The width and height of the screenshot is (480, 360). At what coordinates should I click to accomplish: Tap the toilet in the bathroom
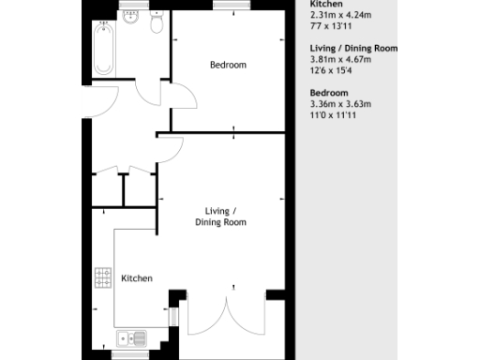[x=157, y=23]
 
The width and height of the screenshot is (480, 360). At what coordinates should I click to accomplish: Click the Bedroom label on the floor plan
[x=228, y=65]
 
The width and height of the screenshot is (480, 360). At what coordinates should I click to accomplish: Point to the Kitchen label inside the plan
[x=136, y=277]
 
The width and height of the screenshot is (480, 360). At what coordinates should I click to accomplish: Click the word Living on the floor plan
[x=219, y=211]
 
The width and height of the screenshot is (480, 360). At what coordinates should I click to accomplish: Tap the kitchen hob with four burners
[x=102, y=278]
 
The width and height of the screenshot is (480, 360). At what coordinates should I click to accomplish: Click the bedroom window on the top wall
[x=225, y=5]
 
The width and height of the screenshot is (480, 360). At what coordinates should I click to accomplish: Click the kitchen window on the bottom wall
[x=129, y=354]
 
